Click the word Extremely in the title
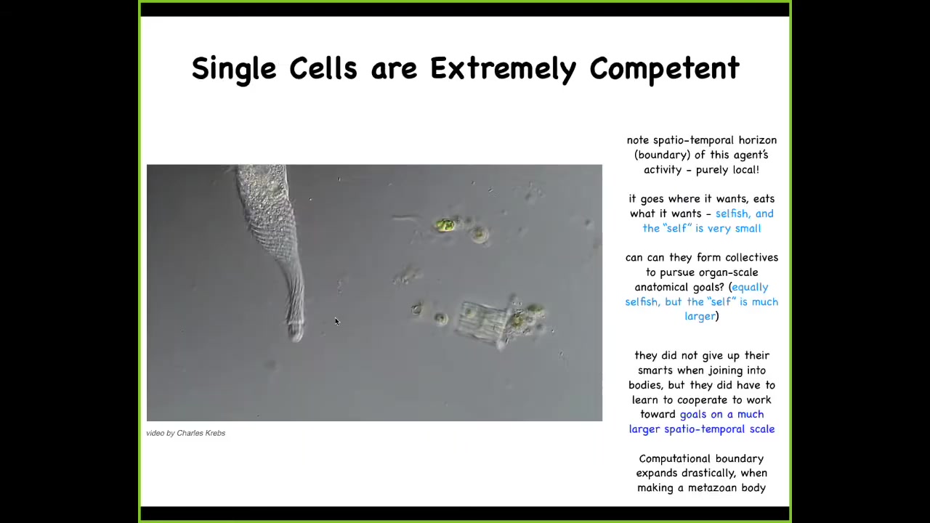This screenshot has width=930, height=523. click(504, 68)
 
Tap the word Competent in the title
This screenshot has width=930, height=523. click(664, 69)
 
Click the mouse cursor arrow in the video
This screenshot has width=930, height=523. click(337, 322)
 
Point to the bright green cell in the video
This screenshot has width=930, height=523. click(445, 225)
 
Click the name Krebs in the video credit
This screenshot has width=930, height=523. click(214, 433)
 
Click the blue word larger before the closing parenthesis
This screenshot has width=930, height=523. click(700, 316)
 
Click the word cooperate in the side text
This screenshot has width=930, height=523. click(703, 400)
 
